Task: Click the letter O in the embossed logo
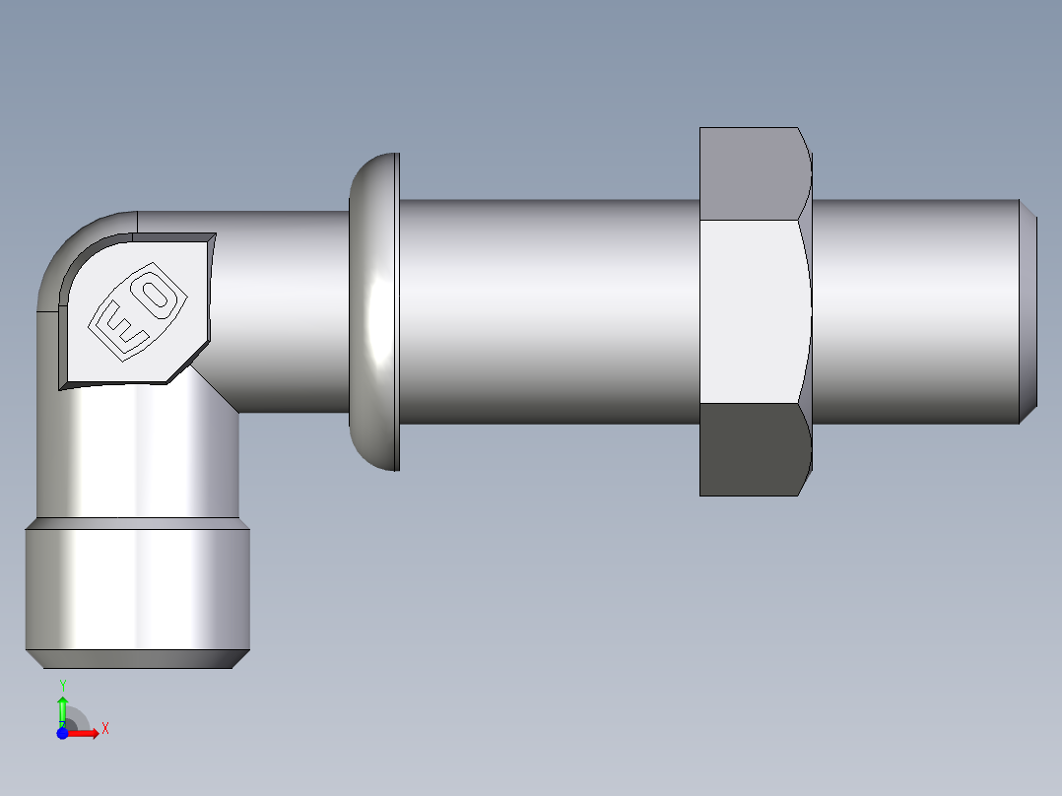(x=156, y=296)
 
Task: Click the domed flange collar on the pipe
(x=374, y=311)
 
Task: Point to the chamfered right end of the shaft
(x=1028, y=311)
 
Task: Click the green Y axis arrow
(x=62, y=708)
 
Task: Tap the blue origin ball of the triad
(x=63, y=733)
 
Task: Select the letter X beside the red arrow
(x=104, y=729)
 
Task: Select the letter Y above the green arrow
(x=62, y=685)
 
